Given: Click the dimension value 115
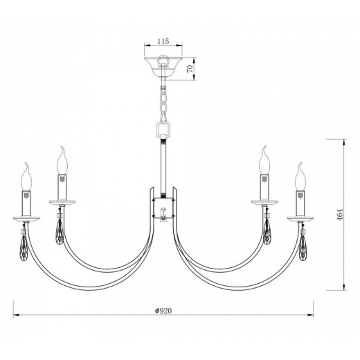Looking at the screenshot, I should (163, 42).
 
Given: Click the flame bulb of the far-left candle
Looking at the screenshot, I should (28, 178).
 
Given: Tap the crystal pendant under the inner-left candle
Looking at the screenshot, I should (60, 228).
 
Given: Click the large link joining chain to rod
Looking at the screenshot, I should (164, 130).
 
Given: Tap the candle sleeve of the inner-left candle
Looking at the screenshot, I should (64, 186).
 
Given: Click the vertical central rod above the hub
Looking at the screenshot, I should (164, 163).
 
